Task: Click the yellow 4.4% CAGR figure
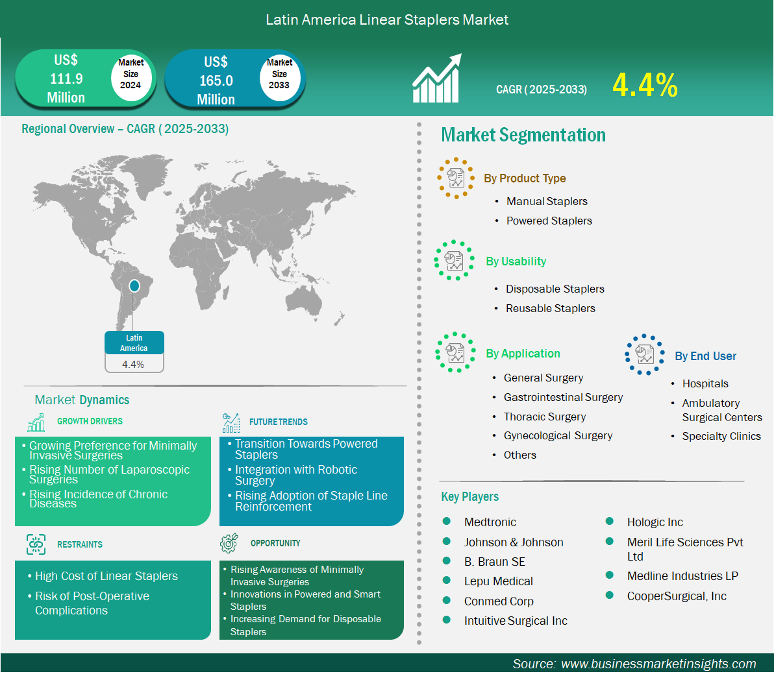click(645, 85)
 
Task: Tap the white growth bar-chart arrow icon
click(437, 79)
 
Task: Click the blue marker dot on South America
click(134, 285)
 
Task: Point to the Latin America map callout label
click(134, 343)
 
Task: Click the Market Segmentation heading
click(523, 135)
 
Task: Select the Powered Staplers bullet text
click(549, 221)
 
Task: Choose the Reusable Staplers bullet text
click(551, 309)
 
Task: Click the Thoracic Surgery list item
click(545, 417)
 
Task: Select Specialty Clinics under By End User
click(721, 437)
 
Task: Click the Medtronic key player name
click(490, 522)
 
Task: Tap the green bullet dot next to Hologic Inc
click(610, 521)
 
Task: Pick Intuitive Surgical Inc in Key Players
click(516, 621)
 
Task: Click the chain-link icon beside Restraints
click(36, 544)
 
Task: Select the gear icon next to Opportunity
click(229, 543)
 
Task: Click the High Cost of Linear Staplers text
click(106, 576)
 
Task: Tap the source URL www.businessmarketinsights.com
click(658, 664)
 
